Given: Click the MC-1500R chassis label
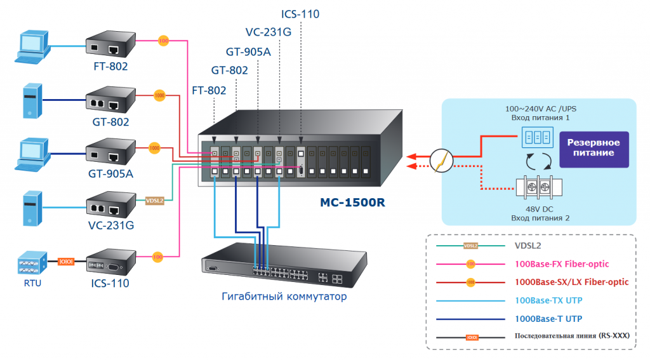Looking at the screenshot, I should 352,204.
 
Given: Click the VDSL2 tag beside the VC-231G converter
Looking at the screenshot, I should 155,201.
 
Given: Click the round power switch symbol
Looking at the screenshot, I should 441,159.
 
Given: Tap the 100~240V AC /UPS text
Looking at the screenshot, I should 541,109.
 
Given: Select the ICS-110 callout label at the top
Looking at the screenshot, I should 300,13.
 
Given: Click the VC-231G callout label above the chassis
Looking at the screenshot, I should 268,32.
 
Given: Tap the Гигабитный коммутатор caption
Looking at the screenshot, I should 284,296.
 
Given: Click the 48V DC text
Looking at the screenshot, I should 540,208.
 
